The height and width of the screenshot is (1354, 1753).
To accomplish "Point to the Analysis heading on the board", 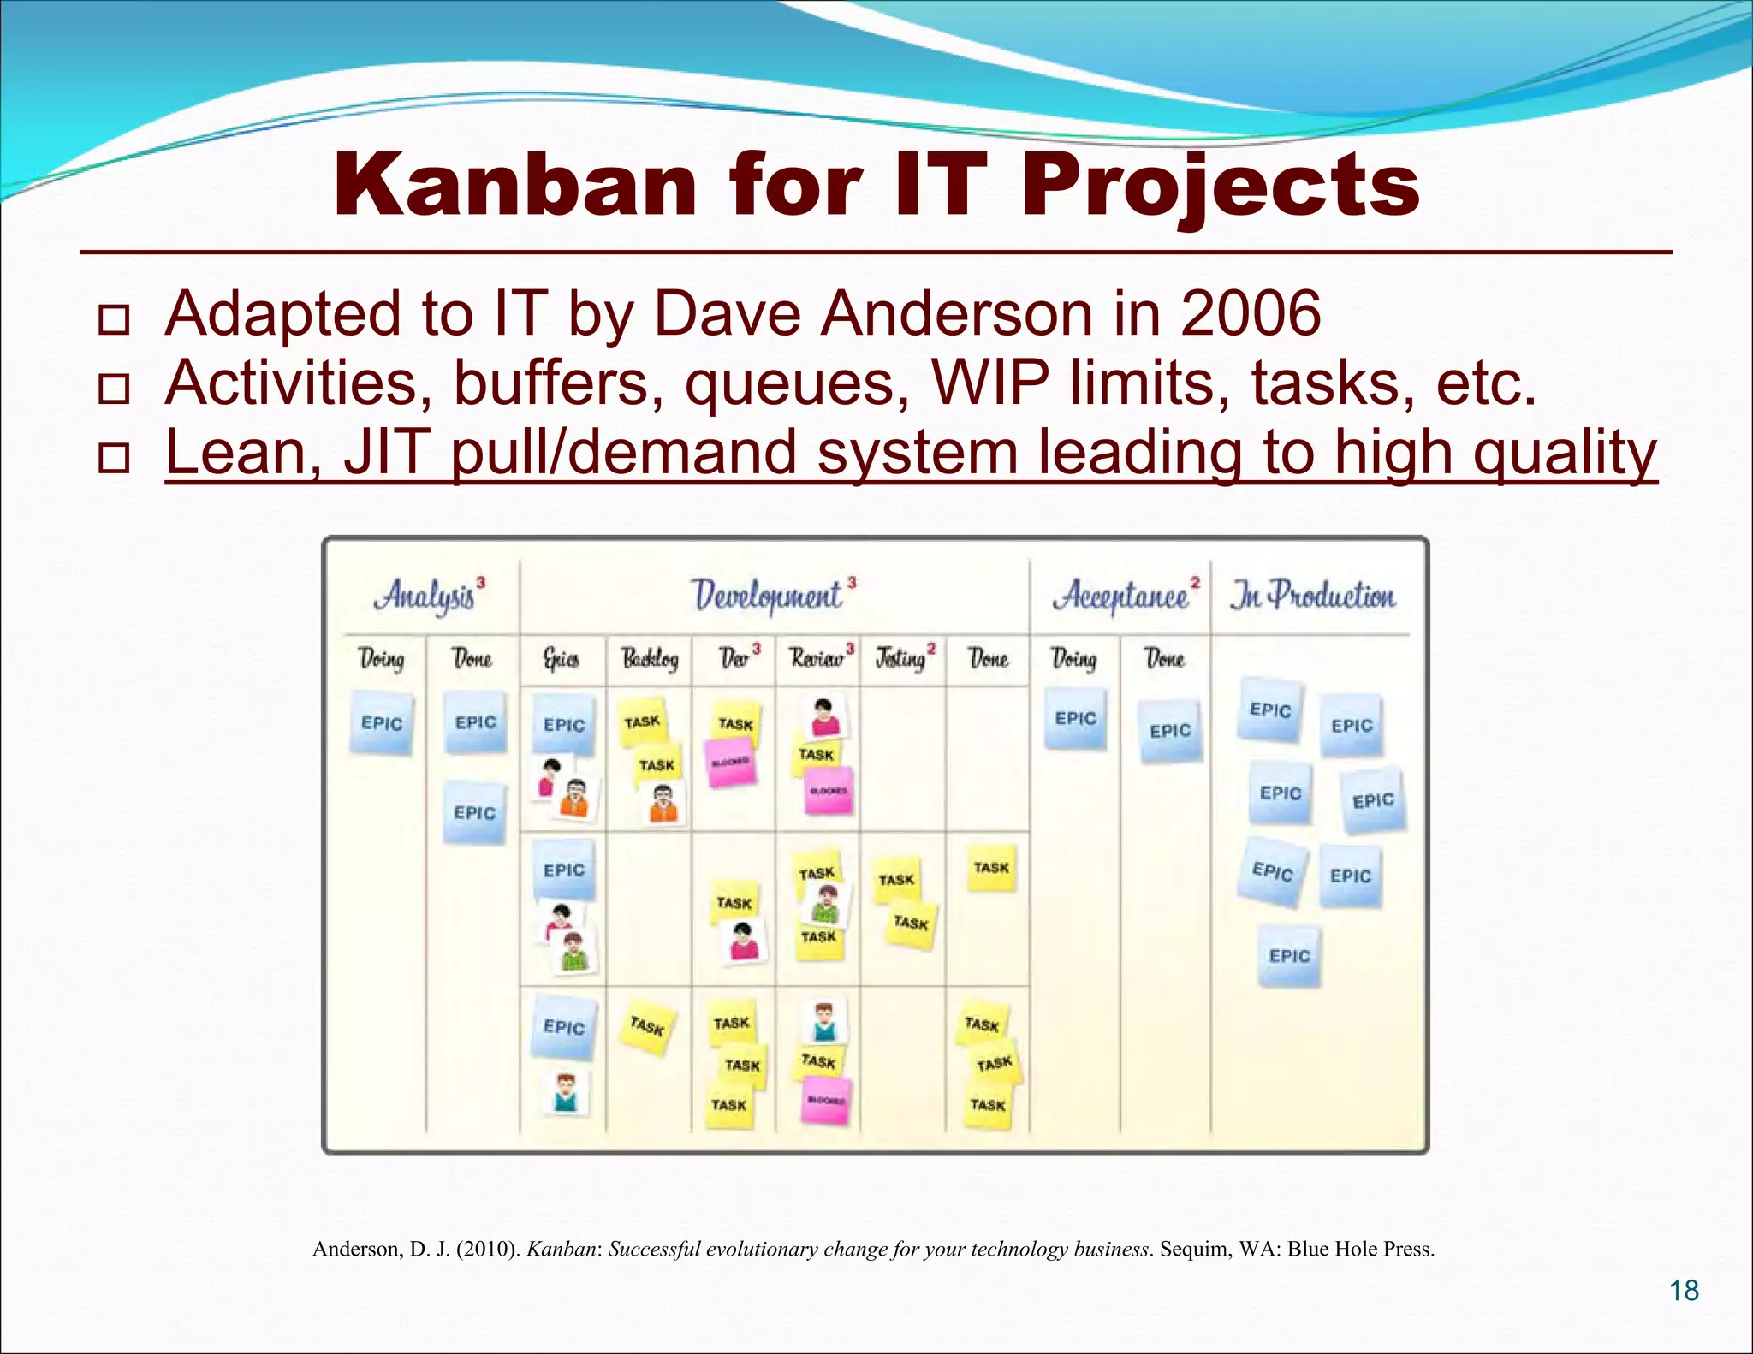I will point(425,596).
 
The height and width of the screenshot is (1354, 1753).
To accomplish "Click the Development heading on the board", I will point(767,596).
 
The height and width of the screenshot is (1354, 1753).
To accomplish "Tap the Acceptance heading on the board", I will point(1121,596).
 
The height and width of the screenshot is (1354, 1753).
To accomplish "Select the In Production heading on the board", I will point(1313,596).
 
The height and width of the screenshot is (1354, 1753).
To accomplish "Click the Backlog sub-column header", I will point(650,658).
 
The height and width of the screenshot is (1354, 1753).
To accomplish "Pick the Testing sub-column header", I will point(901,658).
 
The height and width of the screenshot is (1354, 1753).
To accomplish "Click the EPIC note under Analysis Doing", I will point(382,724).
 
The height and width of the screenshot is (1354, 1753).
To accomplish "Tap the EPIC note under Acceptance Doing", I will point(1076,719).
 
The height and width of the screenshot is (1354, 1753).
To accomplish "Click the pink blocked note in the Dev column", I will point(730,762).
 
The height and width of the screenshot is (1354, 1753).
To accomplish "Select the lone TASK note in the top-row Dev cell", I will point(735,723).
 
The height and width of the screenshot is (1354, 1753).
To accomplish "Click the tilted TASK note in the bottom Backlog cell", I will point(647,1025).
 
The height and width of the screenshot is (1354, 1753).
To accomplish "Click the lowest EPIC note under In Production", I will point(1289,956).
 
